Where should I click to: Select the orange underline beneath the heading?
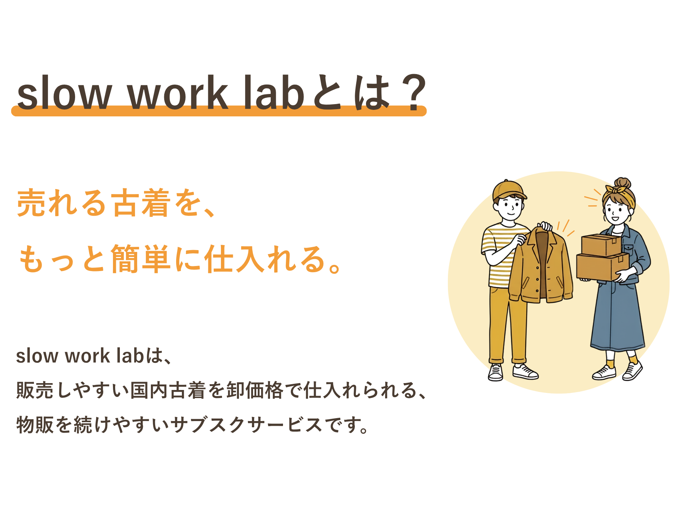point(219,111)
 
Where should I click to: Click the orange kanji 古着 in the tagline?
point(141,203)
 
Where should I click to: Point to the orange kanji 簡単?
point(141,259)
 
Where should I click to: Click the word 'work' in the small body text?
point(87,356)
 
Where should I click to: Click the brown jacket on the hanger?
point(541,266)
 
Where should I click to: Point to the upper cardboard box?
point(601,245)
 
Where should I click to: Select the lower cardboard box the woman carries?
point(602,267)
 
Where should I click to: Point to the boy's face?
point(510,207)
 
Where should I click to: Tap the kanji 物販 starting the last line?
point(35,425)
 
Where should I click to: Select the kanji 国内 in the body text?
point(149,390)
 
